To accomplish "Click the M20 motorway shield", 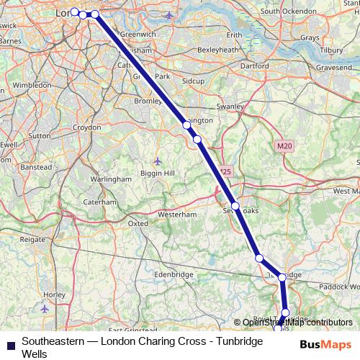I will pyautogui.click(x=284, y=146).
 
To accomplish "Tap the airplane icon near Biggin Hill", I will pyautogui.click(x=158, y=160).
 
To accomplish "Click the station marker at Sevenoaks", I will pyautogui.click(x=235, y=205).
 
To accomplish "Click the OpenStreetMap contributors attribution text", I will pyautogui.click(x=297, y=322).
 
